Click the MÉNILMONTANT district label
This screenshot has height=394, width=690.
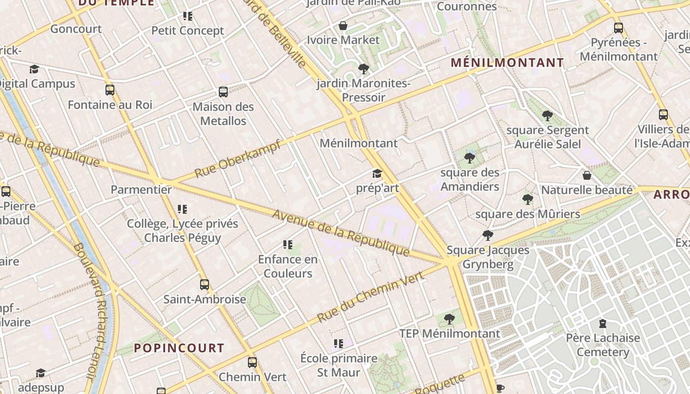click(x=507, y=63)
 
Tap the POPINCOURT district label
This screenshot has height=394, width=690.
click(x=179, y=348)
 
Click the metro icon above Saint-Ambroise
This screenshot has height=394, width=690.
click(x=205, y=284)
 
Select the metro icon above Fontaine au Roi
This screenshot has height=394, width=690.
click(x=110, y=90)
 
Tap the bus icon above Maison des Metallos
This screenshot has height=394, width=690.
click(x=223, y=92)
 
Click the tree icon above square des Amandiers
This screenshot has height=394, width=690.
click(x=470, y=158)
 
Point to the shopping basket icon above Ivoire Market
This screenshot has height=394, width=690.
click(x=343, y=26)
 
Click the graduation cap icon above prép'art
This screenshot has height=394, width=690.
click(x=377, y=173)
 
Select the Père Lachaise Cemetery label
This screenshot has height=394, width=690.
click(x=603, y=345)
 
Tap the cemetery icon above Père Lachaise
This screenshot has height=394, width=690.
click(x=602, y=324)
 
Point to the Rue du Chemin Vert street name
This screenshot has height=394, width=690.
click(x=371, y=297)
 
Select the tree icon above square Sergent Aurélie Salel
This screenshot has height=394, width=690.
click(x=547, y=116)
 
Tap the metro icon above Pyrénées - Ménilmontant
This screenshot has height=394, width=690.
click(x=619, y=28)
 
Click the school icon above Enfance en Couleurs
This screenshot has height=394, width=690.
click(x=288, y=245)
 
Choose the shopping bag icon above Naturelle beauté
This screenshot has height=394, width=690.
click(x=587, y=175)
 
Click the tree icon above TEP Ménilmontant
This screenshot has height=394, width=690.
click(x=449, y=319)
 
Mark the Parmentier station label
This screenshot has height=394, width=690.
click(x=141, y=190)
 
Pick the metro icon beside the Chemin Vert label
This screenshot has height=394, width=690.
click(x=252, y=362)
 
